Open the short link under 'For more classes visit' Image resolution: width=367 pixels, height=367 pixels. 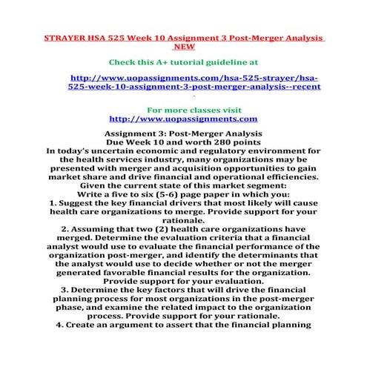(183, 118)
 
